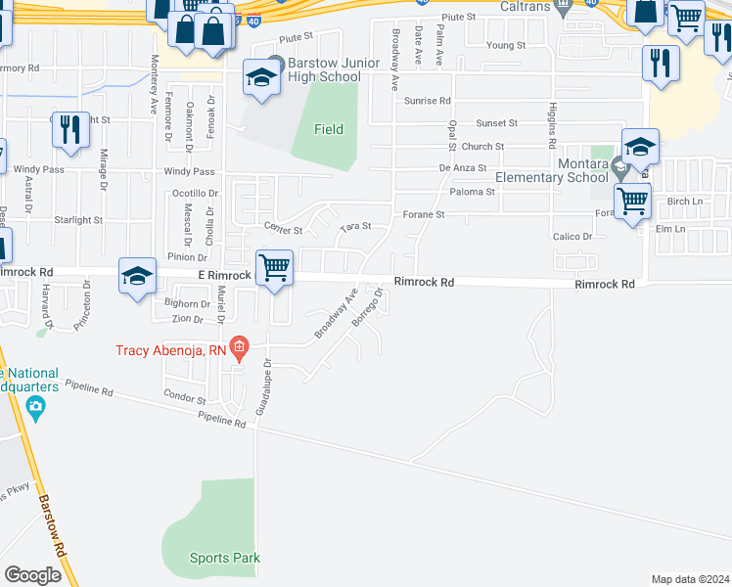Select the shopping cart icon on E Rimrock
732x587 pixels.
(x=275, y=266)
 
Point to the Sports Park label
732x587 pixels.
(x=224, y=559)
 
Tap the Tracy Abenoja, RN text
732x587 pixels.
(x=171, y=349)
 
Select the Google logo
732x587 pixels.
(x=32, y=574)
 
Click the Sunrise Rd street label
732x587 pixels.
(x=427, y=101)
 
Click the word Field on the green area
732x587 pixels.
(x=329, y=129)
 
